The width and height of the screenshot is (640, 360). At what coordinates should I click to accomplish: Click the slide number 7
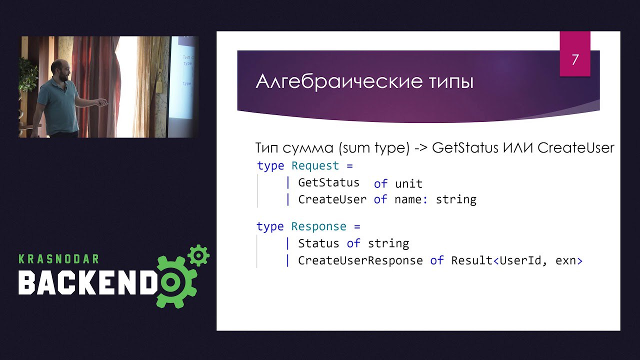pyautogui.click(x=575, y=59)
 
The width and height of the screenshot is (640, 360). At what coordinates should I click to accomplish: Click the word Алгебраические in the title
pyautogui.click(x=339, y=81)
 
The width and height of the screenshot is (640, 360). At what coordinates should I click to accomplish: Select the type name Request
pyautogui.click(x=315, y=165)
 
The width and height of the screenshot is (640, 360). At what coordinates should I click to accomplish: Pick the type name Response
pyautogui.click(x=318, y=226)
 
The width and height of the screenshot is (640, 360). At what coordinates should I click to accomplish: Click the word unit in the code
pyautogui.click(x=409, y=183)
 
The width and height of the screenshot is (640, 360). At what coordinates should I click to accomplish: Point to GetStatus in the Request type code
pyautogui.click(x=328, y=182)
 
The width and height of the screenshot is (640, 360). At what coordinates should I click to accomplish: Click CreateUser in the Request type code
pyautogui.click(x=332, y=199)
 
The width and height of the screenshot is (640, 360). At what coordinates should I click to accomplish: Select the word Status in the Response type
pyautogui.click(x=318, y=243)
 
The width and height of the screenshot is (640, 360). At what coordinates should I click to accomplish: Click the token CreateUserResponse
pyautogui.click(x=360, y=260)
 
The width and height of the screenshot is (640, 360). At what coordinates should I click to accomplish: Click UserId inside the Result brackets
pyautogui.click(x=520, y=260)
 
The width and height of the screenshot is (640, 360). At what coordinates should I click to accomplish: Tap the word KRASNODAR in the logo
pyautogui.click(x=59, y=259)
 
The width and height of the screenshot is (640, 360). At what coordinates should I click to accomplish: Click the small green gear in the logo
pyautogui.click(x=199, y=255)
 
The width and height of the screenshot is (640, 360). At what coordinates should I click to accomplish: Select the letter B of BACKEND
pyautogui.click(x=26, y=282)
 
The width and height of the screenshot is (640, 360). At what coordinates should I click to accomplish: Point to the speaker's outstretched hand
pyautogui.click(x=101, y=102)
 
